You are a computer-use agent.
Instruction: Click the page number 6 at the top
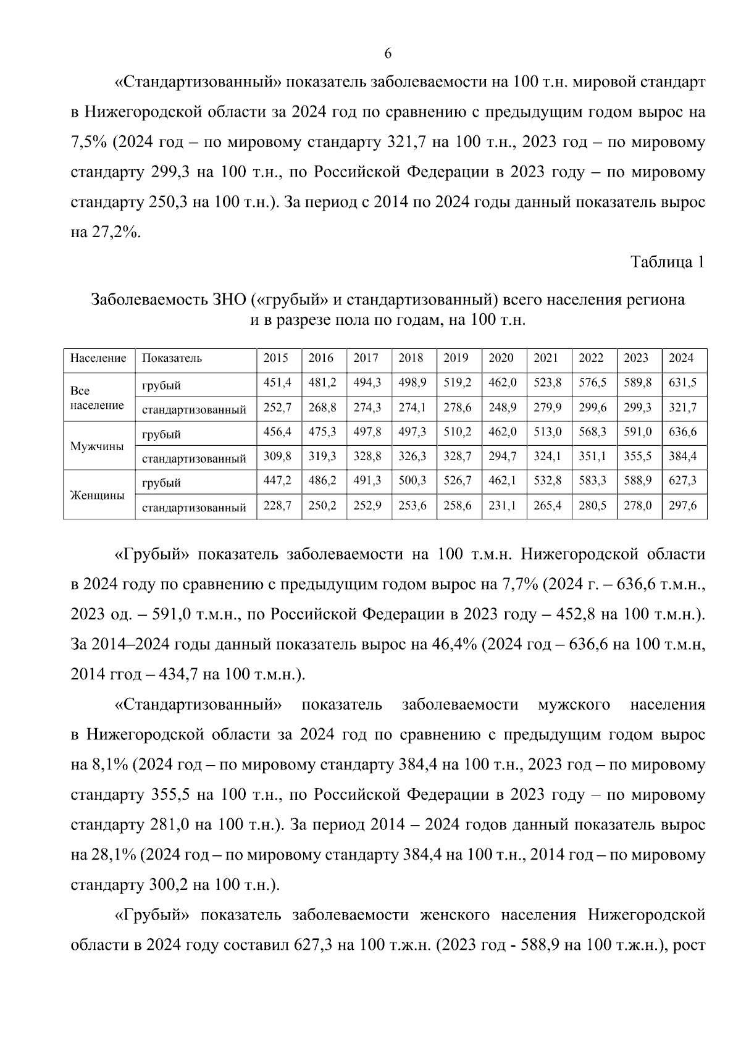tap(388, 54)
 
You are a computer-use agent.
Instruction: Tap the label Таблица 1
tap(667, 262)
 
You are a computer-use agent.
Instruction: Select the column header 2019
tap(456, 358)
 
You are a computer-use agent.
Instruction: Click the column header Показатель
tap(172, 358)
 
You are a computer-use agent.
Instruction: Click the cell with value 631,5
tap(683, 383)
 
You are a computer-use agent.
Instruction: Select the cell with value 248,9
tap(501, 408)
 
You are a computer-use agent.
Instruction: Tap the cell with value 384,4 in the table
tap(683, 456)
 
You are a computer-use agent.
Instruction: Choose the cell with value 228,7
tap(277, 505)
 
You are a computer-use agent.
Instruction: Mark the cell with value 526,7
tap(458, 480)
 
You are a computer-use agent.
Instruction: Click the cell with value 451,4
tap(277, 383)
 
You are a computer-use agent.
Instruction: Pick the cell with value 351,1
tap(592, 456)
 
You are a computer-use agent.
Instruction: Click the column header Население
tap(98, 358)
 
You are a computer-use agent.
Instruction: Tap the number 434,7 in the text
tap(178, 674)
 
